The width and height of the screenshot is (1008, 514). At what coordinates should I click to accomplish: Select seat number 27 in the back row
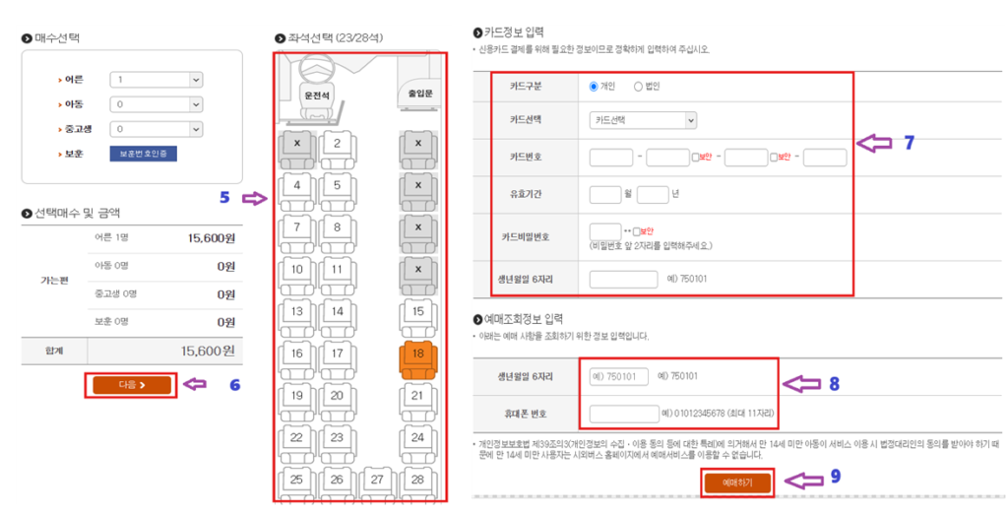point(377,480)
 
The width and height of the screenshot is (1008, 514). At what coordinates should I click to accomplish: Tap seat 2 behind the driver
point(337,145)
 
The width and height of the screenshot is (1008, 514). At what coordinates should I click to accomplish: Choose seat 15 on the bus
point(417,313)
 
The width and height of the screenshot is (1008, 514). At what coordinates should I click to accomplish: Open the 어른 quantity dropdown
point(157,80)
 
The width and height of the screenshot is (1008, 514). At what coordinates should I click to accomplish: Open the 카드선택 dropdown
point(643,120)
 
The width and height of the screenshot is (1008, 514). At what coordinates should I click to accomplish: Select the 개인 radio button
point(594,87)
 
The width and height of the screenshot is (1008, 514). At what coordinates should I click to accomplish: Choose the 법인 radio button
point(638,87)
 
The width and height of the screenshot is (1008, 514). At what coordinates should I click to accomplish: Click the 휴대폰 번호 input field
point(623,414)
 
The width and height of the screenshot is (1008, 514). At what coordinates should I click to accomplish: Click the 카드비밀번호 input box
point(604,231)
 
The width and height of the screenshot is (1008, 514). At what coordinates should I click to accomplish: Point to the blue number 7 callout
point(910,143)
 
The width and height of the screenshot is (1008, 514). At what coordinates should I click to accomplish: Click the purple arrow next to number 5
point(254,199)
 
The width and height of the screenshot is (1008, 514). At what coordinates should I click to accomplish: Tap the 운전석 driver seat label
point(317,95)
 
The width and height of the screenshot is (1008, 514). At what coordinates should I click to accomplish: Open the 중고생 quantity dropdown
point(157,128)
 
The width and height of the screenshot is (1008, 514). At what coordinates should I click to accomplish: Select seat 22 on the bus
point(296,438)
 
